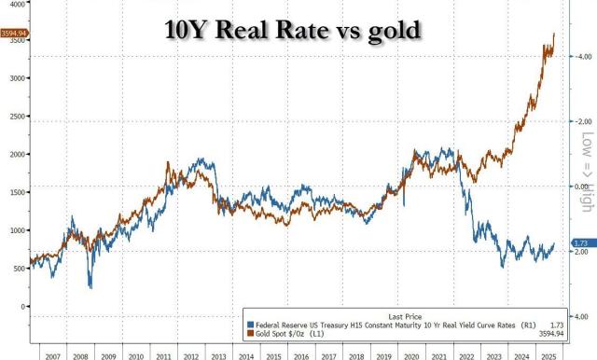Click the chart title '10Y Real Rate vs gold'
[x=298, y=31]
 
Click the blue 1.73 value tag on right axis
[x=580, y=242]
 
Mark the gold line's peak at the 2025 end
[x=555, y=34]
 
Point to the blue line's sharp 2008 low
[x=90, y=286]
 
